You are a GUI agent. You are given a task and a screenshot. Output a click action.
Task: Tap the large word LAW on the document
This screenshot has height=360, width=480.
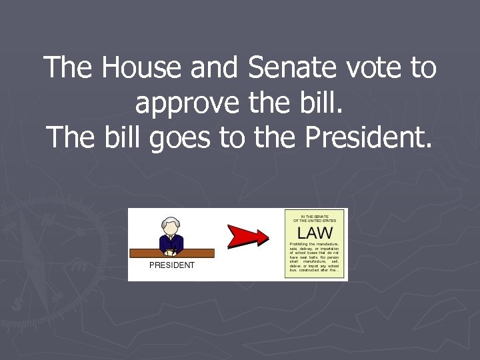[315, 233]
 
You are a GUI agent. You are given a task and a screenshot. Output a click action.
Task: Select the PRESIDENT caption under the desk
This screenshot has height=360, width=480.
[172, 265]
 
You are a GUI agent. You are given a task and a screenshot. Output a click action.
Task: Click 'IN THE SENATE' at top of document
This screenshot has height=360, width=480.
[315, 215]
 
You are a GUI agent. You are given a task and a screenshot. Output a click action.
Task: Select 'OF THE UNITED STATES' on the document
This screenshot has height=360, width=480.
[315, 221]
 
